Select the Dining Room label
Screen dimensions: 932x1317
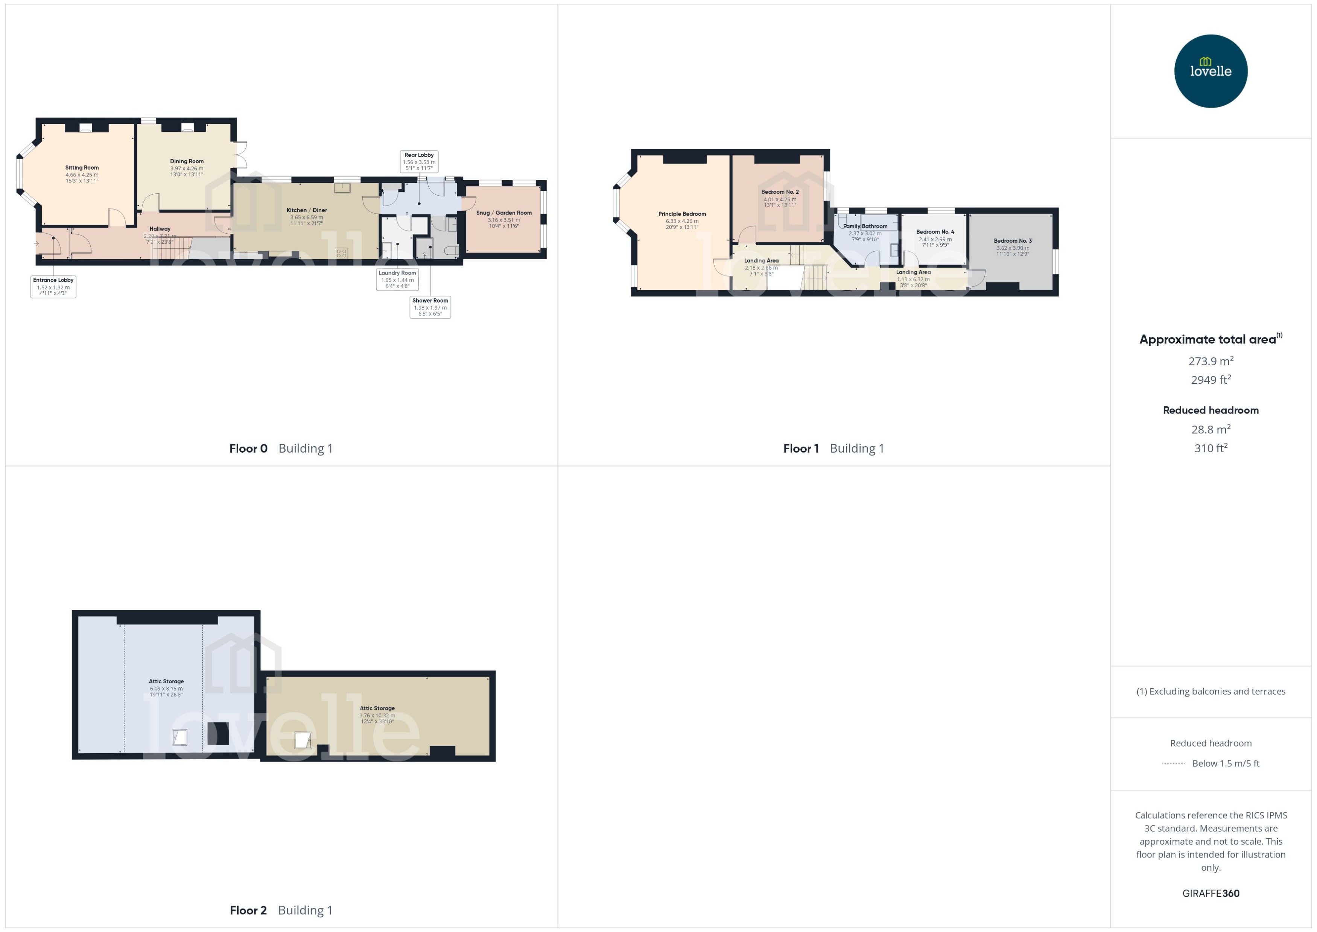(x=187, y=162)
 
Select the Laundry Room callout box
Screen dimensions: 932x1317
(x=397, y=280)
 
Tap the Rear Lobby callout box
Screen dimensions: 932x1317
(x=419, y=161)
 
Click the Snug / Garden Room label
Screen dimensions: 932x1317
(x=504, y=213)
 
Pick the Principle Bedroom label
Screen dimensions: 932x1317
(x=682, y=214)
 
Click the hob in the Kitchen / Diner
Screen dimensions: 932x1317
(x=341, y=252)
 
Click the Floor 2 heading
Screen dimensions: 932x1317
(x=248, y=910)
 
